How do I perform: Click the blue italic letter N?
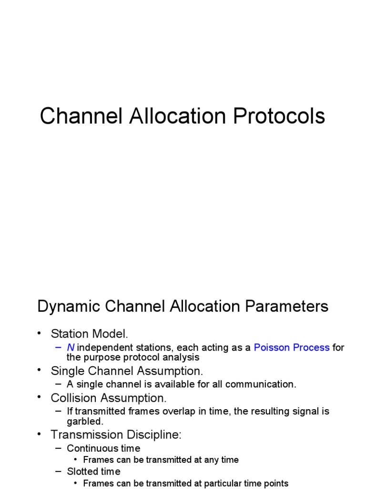pyautogui.click(x=71, y=348)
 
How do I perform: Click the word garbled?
pyautogui.click(x=85, y=422)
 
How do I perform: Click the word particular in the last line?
pyautogui.click(x=204, y=483)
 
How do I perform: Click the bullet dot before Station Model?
pyautogui.click(x=40, y=333)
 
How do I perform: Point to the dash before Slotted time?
pyautogui.click(x=59, y=471)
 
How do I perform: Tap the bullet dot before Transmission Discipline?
pyautogui.click(x=40, y=435)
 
